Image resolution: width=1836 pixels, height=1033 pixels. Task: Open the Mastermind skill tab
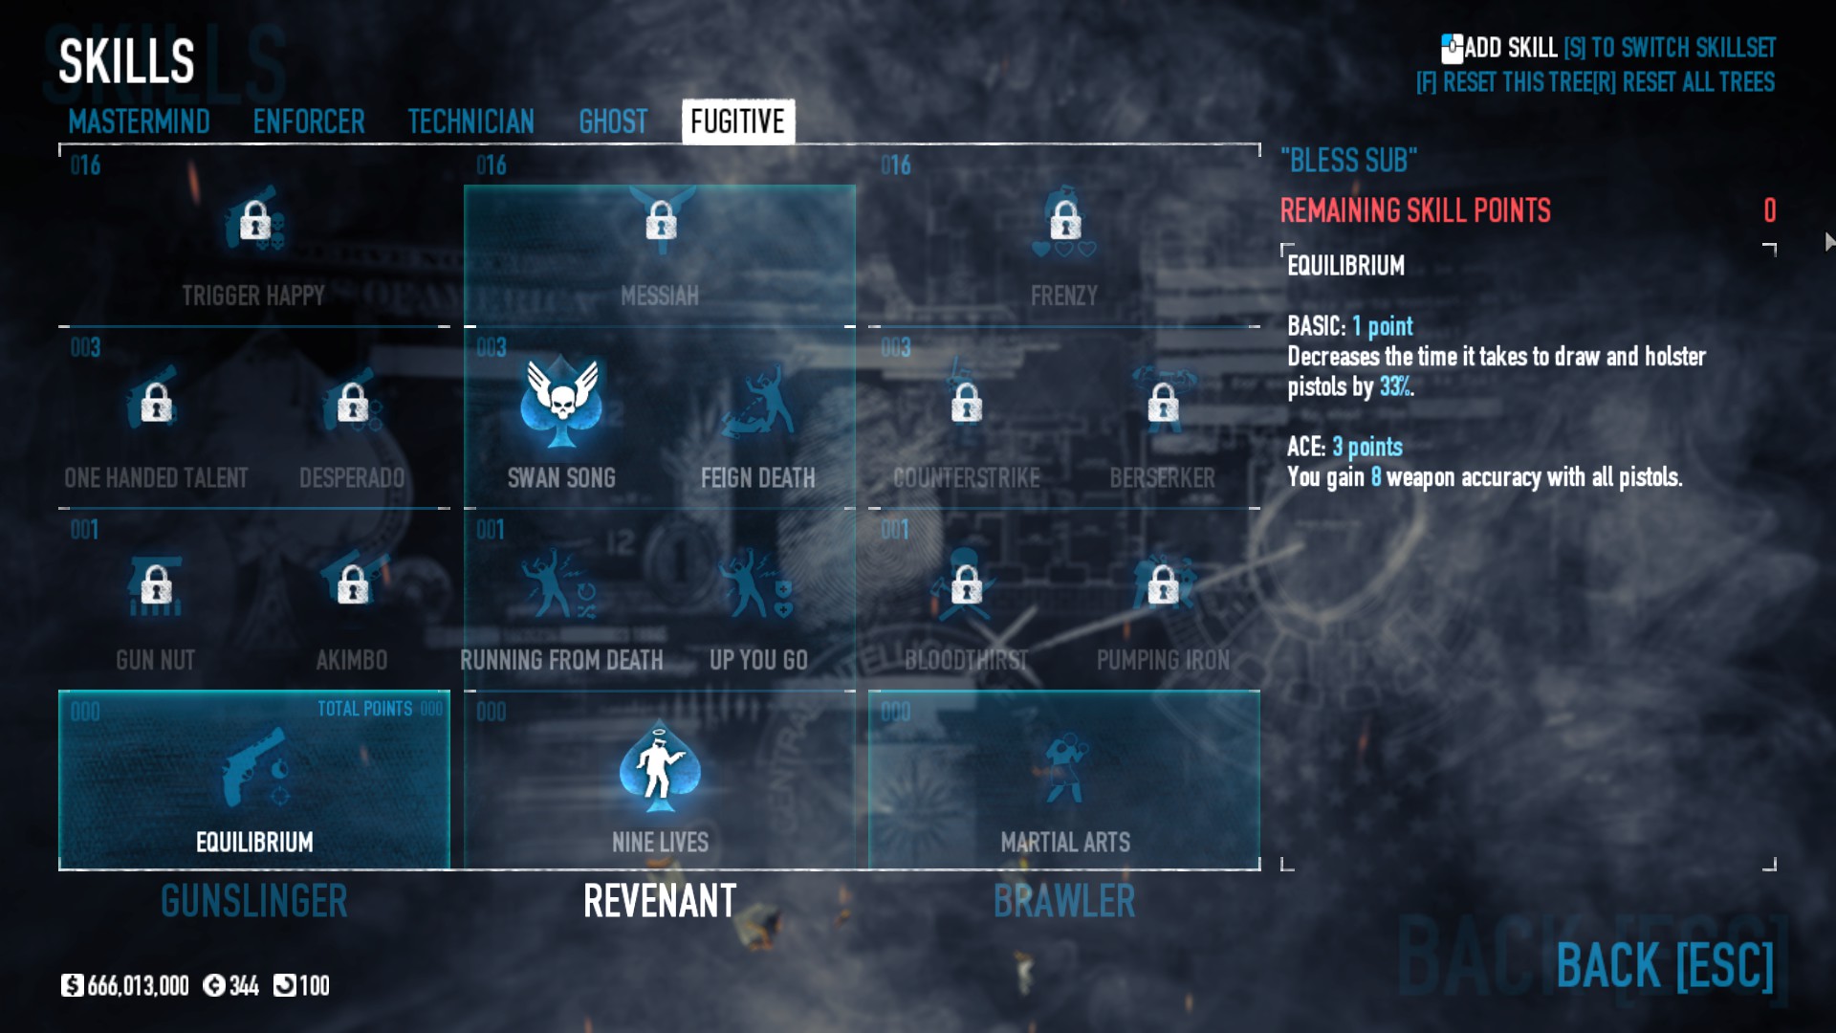(139, 121)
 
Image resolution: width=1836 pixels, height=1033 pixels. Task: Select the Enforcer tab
(309, 121)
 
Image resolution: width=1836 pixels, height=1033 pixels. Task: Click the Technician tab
(470, 121)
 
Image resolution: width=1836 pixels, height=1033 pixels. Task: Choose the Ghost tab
(613, 121)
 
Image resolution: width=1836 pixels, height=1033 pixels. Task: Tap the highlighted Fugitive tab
(737, 121)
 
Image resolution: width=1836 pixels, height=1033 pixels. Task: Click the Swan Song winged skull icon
(561, 403)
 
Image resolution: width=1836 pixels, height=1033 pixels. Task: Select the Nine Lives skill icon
(660, 766)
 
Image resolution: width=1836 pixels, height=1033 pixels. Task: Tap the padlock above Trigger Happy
(254, 221)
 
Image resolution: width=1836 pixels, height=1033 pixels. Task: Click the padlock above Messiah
(661, 221)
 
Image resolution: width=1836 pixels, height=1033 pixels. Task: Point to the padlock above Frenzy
(1065, 221)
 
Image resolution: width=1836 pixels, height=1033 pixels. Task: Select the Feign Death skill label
(757, 477)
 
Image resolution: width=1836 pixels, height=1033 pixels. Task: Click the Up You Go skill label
(758, 660)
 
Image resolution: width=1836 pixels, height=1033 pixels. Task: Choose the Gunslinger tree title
(254, 901)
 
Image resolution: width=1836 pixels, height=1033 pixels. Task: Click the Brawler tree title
(1064, 901)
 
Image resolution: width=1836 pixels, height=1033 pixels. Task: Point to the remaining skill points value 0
(1769, 210)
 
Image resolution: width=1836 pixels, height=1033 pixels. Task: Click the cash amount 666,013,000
(138, 986)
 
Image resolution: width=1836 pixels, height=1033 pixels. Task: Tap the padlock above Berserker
(1163, 403)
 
